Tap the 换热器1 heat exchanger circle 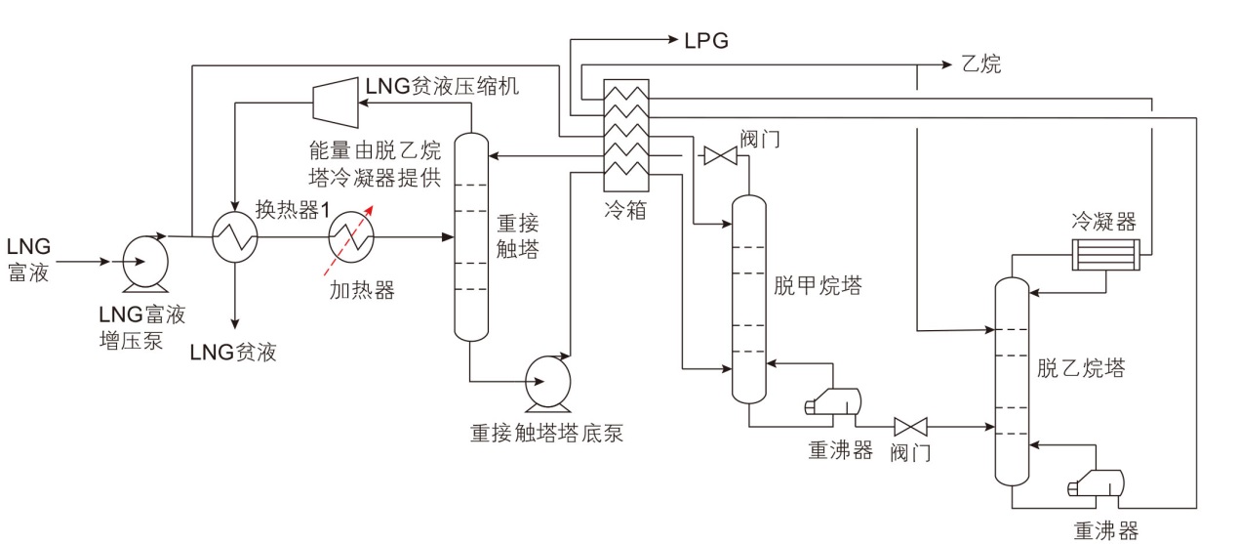coord(235,235)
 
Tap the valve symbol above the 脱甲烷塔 coord(723,154)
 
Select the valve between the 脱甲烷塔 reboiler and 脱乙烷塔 coord(911,426)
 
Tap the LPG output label coord(706,40)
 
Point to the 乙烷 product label coord(981,64)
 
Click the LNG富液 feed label coord(28,260)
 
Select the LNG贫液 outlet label coord(234,353)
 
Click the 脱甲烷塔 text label coord(818,285)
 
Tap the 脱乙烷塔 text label coord(1081,368)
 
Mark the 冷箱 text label coord(625,209)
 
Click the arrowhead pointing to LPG coord(673,40)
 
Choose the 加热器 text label coord(361,289)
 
